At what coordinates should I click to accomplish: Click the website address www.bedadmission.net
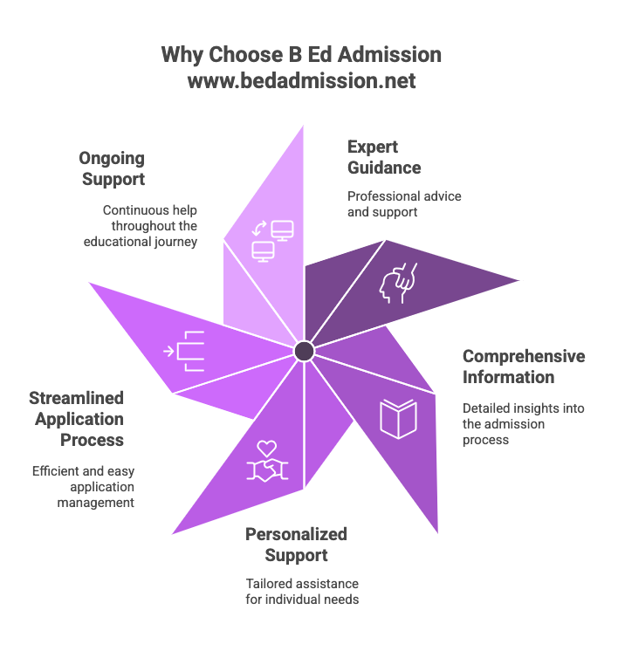(301, 81)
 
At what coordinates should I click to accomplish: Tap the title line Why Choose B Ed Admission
(301, 55)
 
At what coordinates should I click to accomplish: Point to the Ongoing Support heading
(112, 169)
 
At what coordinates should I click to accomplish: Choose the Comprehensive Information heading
(523, 367)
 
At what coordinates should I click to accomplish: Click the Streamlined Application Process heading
(77, 419)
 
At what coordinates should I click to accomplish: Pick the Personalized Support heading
(297, 544)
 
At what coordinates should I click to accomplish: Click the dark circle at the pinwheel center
(304, 351)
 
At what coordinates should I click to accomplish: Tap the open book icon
(399, 418)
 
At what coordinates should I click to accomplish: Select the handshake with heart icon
(267, 460)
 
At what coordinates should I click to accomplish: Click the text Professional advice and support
(404, 203)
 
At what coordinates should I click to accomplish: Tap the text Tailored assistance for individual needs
(302, 591)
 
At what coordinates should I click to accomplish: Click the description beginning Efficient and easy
(84, 486)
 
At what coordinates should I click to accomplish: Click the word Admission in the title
(393, 55)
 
